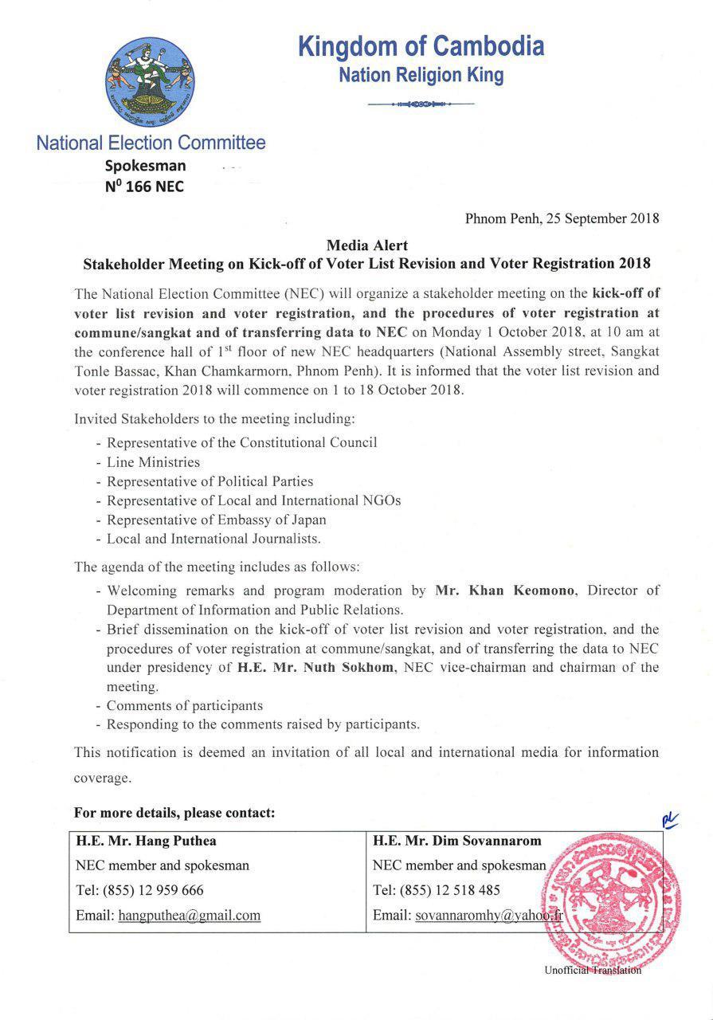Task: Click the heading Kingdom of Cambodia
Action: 421,46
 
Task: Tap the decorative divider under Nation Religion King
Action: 421,104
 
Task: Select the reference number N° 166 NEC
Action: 144,187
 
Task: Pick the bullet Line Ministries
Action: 153,462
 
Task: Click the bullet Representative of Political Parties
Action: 210,481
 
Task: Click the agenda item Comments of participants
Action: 184,705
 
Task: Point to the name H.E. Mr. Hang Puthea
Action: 146,841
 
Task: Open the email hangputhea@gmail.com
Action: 190,916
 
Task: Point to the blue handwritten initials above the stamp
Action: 669,822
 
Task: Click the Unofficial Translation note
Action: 593,970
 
